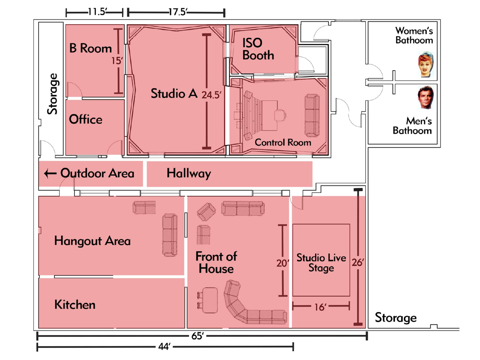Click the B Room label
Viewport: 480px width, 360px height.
90,48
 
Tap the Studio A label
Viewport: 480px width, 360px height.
174,93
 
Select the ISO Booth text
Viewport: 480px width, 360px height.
258,49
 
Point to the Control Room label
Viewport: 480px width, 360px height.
283,142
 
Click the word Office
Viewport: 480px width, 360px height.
85,119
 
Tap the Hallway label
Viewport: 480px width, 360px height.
189,173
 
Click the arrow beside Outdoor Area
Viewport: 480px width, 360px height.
50,174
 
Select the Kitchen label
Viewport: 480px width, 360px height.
75,305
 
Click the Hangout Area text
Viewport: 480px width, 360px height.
92,241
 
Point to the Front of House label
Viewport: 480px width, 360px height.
216,262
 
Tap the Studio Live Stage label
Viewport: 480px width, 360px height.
321,263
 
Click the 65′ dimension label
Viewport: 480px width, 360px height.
197,336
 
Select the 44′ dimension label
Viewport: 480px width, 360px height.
164,347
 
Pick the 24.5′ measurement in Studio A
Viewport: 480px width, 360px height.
211,95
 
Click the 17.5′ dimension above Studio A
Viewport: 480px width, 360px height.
177,12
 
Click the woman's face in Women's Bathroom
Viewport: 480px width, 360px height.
426,64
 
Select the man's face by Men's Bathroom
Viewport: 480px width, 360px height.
426,97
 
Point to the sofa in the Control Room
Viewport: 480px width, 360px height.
312,115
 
